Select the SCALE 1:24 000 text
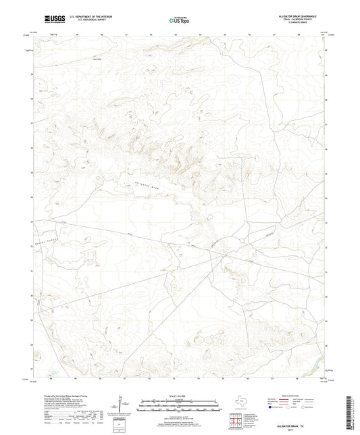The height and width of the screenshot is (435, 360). pos(180,396)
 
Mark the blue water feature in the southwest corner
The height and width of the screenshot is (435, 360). pos(55,372)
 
